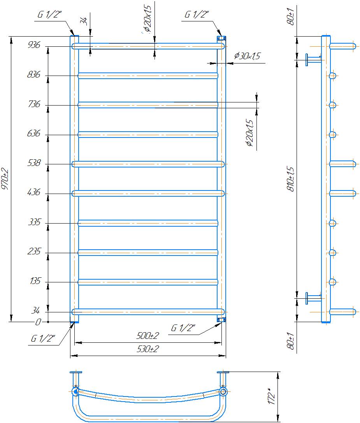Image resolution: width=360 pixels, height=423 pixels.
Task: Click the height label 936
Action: point(34,45)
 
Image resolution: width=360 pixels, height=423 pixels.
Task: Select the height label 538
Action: point(34,163)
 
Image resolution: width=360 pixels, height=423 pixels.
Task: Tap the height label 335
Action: point(34,222)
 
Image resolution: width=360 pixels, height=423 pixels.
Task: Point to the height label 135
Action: point(35,281)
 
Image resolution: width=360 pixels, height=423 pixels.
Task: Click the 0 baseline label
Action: point(38,322)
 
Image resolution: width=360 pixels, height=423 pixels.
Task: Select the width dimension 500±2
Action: point(148,336)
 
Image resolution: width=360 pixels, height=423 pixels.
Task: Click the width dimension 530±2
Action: point(148,349)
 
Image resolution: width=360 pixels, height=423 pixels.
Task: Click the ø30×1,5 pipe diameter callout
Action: point(247,56)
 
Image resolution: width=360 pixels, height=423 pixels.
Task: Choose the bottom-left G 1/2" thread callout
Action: point(43,338)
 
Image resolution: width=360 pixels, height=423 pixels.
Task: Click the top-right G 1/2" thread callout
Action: point(197,14)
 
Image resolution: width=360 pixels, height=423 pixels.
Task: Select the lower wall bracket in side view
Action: point(313,298)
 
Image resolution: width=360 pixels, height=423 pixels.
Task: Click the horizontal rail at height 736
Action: point(148,105)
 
